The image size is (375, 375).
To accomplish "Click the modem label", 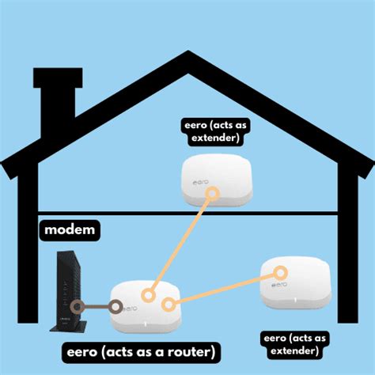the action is point(70,230).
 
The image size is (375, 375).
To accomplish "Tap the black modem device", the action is point(69,290).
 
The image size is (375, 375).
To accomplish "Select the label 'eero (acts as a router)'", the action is point(141,353).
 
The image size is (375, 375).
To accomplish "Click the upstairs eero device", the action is point(217,180).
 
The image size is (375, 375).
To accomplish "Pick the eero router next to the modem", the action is point(146,307).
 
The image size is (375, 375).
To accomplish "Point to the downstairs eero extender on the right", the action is point(295,283).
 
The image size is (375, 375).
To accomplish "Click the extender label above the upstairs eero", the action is point(215,131).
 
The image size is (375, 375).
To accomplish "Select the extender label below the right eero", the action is point(294,345).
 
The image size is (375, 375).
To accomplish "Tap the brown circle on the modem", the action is point(78,307).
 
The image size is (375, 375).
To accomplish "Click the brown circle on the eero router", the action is point(116,307).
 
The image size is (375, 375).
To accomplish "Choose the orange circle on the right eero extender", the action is point(280,273).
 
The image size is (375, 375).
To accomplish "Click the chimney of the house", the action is point(58,103).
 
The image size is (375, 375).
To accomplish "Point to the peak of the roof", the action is point(187,51).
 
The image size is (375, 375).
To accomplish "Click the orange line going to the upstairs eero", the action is point(180,244).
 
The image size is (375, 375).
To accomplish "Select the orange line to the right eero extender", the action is point(225,289).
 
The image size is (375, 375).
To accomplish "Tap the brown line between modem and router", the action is point(97,307).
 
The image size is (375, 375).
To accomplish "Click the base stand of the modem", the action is point(69,326).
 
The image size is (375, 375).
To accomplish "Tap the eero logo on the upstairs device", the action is point(201,182).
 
